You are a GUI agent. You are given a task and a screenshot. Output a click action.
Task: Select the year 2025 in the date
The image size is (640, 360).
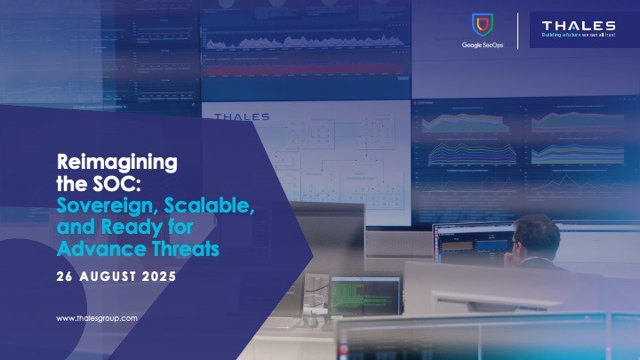pyautogui.click(x=160, y=276)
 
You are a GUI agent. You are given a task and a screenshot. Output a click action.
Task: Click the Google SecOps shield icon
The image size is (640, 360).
pyautogui.click(x=483, y=26)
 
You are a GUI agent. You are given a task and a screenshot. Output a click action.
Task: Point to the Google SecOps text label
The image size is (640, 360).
pyautogui.click(x=483, y=44)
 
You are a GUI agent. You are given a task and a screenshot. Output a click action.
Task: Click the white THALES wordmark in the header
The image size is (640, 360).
pyautogui.click(x=579, y=25)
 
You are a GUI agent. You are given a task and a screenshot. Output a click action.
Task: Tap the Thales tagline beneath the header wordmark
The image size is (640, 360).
pyautogui.click(x=579, y=36)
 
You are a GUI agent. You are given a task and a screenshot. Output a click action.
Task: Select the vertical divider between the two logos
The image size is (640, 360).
pyautogui.click(x=518, y=32)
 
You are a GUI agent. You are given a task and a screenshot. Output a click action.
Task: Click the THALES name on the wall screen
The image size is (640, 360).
pyautogui.click(x=241, y=116)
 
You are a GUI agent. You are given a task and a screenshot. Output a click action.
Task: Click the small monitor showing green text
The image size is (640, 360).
pyautogui.click(x=365, y=294)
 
